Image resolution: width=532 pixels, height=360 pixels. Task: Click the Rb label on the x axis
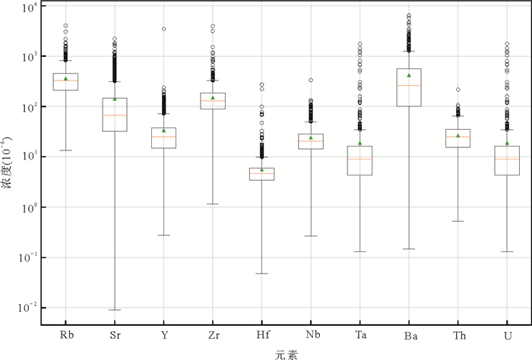click(x=66, y=335)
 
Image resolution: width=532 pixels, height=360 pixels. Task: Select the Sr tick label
click(x=115, y=335)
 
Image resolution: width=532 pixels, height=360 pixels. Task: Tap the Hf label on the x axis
click(x=261, y=335)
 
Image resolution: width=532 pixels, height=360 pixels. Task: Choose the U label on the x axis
click(x=506, y=335)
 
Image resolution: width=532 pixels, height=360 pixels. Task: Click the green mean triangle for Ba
click(x=409, y=75)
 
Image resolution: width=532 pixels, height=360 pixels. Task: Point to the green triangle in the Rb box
click(x=66, y=79)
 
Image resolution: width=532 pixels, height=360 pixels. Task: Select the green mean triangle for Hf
click(x=261, y=170)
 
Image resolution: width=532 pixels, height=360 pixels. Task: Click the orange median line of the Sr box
click(x=115, y=115)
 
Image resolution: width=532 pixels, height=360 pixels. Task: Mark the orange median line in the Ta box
click(x=359, y=159)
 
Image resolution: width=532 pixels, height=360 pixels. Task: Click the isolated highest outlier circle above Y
click(x=163, y=29)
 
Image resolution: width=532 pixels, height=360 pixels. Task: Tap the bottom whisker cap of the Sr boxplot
click(x=115, y=310)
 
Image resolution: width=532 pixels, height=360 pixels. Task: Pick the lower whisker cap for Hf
click(x=261, y=273)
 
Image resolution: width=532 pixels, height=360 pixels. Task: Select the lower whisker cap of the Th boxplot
click(x=458, y=221)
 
